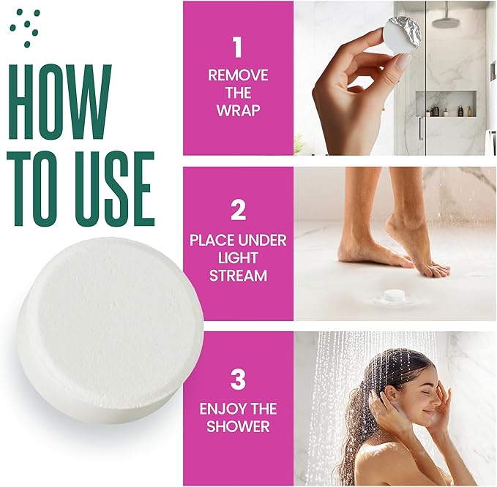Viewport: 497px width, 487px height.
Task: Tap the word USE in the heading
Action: tap(109, 189)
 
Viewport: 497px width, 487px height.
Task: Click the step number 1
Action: tap(237, 48)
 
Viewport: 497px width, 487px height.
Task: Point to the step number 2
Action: tap(238, 211)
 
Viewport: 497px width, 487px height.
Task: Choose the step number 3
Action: tap(238, 380)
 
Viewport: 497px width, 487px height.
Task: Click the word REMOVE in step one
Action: tap(238, 75)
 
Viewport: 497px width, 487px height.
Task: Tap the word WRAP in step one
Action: tap(238, 111)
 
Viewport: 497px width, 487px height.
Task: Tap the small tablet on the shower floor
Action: tap(395, 295)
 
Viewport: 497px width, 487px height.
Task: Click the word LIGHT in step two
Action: tap(238, 259)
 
